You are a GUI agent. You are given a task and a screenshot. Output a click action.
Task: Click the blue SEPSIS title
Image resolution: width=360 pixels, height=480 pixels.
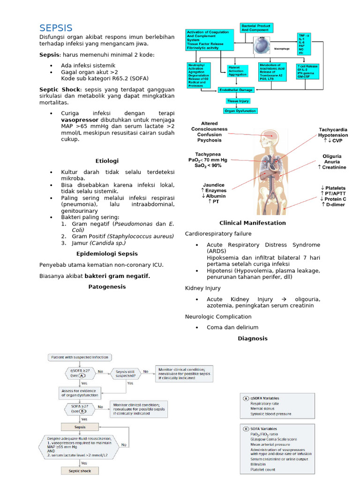click(56, 28)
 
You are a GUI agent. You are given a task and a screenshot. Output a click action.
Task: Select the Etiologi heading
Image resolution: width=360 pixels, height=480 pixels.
click(107, 160)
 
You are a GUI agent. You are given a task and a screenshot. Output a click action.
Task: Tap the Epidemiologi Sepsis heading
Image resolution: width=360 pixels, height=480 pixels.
click(107, 254)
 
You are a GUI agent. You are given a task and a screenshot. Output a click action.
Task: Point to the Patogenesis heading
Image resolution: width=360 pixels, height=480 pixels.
click(107, 286)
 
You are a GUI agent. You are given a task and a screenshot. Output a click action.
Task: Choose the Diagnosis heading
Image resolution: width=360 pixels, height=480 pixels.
click(253, 338)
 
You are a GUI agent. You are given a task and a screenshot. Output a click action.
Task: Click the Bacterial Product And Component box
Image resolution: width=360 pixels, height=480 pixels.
click(257, 27)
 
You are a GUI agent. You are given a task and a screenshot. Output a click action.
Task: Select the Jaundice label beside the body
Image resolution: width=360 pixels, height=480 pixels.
click(214, 185)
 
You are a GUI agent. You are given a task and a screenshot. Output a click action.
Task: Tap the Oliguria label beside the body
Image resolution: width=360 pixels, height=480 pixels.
click(332, 156)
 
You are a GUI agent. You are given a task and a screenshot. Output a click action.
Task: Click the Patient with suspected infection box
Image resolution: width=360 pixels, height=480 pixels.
click(80, 357)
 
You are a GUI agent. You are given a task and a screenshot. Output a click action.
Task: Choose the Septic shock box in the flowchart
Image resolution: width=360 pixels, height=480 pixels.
click(80, 471)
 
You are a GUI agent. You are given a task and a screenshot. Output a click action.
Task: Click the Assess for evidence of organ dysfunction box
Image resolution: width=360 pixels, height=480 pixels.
click(80, 393)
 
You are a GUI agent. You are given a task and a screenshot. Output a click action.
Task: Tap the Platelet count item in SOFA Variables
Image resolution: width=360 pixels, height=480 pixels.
click(263, 469)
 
